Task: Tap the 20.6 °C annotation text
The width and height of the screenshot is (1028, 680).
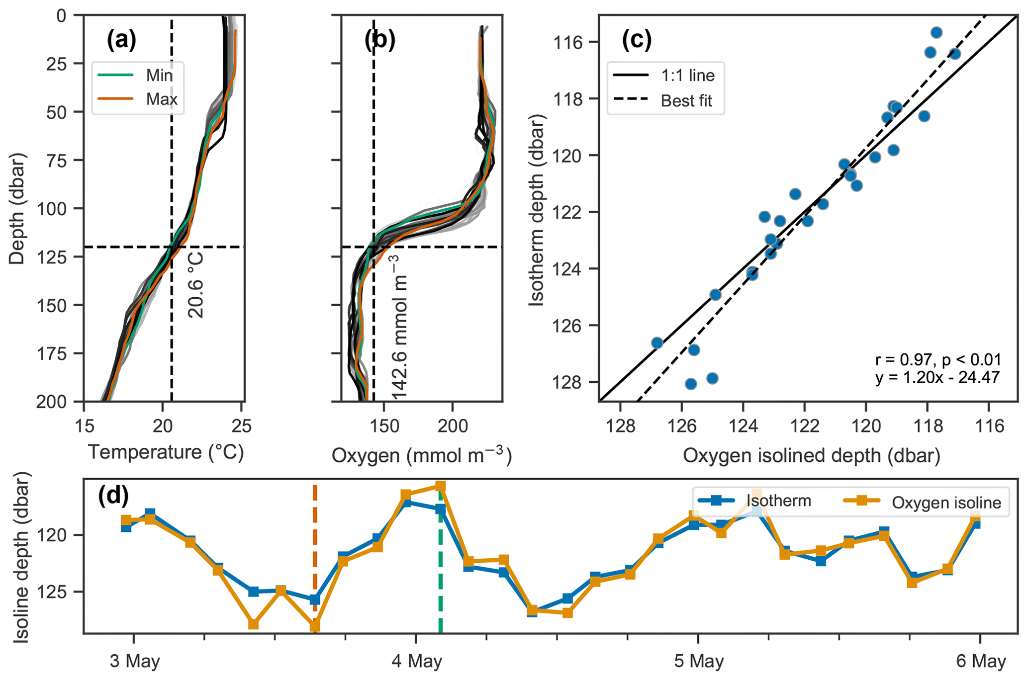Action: [196, 285]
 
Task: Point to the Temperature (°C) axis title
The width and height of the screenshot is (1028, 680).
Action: [166, 452]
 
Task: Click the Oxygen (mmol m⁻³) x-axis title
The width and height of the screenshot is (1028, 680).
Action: [421, 455]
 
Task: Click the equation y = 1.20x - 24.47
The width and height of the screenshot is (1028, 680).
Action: [937, 377]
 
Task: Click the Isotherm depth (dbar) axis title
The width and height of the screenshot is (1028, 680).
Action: [537, 209]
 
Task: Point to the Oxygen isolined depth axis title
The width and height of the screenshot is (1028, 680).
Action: [811, 455]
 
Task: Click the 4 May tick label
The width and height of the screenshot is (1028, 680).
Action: [416, 662]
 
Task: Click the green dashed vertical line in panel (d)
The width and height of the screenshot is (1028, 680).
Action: [441, 572]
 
